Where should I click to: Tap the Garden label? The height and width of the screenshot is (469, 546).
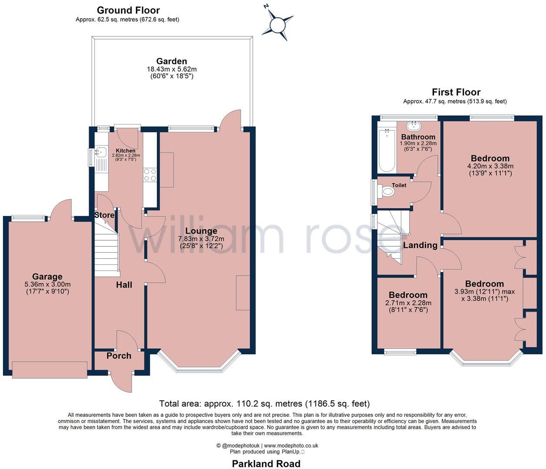coord(172,61)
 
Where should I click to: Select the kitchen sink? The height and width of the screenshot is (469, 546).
coord(100,152)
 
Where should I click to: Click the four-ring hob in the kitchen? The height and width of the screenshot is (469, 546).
coord(150,175)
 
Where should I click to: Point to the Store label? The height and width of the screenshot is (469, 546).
coord(104,215)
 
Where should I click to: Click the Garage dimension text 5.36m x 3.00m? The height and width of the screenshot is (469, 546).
coord(47,284)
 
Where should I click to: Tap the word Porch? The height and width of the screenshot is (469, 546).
coord(119,356)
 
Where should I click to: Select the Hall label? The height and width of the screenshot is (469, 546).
coord(124,285)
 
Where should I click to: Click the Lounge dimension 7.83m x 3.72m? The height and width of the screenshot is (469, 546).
coord(201,239)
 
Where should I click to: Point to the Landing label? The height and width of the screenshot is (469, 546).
coord(420,245)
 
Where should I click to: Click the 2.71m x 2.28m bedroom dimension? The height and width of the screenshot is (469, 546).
coord(408,303)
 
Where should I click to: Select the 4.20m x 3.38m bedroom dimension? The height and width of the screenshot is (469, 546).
coord(490,166)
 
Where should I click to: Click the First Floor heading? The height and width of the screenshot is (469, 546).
coord(456,92)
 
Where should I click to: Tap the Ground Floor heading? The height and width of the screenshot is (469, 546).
coord(129,10)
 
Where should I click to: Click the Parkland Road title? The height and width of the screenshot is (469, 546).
coord(266,464)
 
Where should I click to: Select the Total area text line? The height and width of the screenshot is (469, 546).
coord(265,403)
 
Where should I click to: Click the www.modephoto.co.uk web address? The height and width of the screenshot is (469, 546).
coord(291,446)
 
